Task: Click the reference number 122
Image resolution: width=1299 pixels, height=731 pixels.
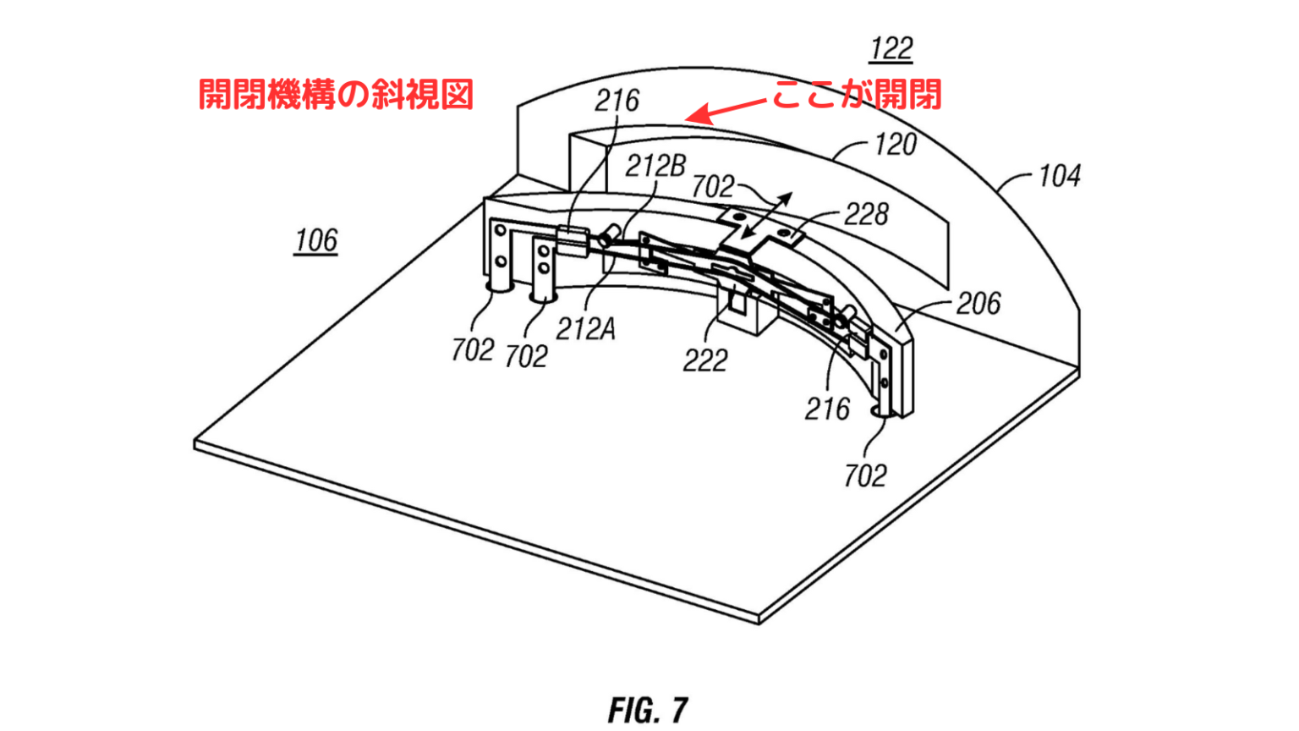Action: tap(891, 49)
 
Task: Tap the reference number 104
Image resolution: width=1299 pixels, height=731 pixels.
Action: tap(1059, 176)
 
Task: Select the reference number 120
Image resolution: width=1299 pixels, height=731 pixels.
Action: tap(895, 145)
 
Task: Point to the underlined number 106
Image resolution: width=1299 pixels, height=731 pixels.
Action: tap(316, 241)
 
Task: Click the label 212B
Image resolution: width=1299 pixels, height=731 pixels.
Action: tap(655, 166)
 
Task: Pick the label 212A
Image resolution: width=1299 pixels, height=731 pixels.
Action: tap(585, 328)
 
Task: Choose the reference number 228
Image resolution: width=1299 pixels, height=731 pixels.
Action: tap(865, 215)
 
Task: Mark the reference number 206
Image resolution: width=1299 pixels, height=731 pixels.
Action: tap(978, 303)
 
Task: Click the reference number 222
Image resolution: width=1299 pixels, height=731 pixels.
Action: tap(705, 361)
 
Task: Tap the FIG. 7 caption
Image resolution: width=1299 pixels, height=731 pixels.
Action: tap(648, 710)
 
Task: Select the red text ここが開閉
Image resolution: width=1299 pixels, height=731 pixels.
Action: tap(857, 94)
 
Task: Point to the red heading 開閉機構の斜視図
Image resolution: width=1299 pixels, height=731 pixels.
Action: tap(336, 94)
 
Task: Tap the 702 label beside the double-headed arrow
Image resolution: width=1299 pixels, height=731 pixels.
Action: tap(713, 186)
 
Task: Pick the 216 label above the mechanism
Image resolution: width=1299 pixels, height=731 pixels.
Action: tap(617, 101)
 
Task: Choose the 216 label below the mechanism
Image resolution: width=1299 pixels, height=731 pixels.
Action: tap(827, 409)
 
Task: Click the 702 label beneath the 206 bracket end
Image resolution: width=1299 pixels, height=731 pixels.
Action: tap(864, 475)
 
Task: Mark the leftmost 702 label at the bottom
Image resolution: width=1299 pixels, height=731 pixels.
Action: tap(472, 349)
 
